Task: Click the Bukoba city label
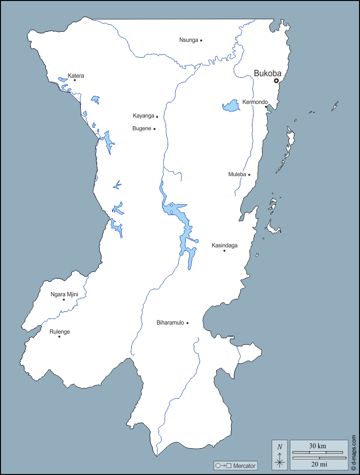point(267,73)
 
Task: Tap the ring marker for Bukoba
point(276,81)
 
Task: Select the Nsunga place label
point(188,40)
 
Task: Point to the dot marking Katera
point(75,80)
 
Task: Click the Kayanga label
point(143,116)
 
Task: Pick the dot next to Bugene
point(155,129)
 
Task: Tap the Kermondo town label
point(254,102)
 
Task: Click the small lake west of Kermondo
point(231,105)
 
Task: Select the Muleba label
point(237,175)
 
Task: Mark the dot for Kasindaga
point(224,250)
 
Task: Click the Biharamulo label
point(170,323)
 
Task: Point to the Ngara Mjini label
point(64,294)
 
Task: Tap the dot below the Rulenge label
point(59,337)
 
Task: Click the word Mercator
point(244,465)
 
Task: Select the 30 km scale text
point(318,446)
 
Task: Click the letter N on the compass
point(280,446)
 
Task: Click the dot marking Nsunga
point(201,40)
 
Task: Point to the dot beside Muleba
point(249,175)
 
